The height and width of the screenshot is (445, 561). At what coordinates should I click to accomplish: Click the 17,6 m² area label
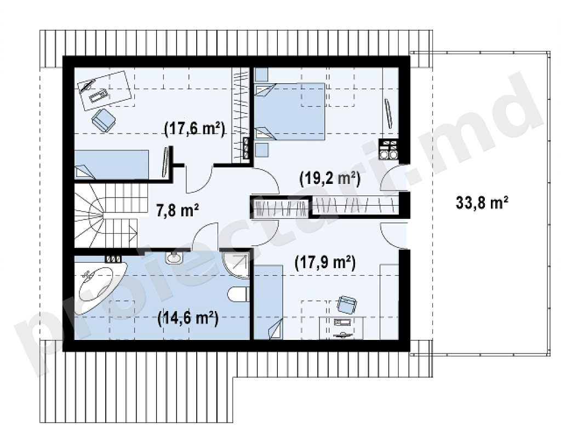point(194,129)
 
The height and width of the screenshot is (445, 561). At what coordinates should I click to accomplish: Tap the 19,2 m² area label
point(329,178)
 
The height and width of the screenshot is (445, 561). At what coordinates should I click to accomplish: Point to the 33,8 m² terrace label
point(482,203)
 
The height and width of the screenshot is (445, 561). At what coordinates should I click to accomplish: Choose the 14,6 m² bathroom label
point(188,317)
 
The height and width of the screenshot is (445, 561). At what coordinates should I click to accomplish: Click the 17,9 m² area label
point(325,263)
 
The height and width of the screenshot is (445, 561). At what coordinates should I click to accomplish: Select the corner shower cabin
point(236,265)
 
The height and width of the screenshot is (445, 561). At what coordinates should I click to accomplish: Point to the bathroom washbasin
point(175,257)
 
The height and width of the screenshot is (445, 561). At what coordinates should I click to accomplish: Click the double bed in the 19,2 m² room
point(289,111)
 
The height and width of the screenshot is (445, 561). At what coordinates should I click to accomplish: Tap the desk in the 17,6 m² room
point(106,91)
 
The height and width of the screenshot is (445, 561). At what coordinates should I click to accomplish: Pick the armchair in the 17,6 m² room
point(104,120)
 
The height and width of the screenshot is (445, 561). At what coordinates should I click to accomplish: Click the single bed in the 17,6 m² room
point(111,164)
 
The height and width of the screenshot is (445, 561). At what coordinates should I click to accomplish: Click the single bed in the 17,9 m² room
point(268,302)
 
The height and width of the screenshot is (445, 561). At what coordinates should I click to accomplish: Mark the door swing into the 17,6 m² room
point(199,179)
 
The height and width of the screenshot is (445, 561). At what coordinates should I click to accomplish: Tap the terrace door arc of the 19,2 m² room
point(393,178)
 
